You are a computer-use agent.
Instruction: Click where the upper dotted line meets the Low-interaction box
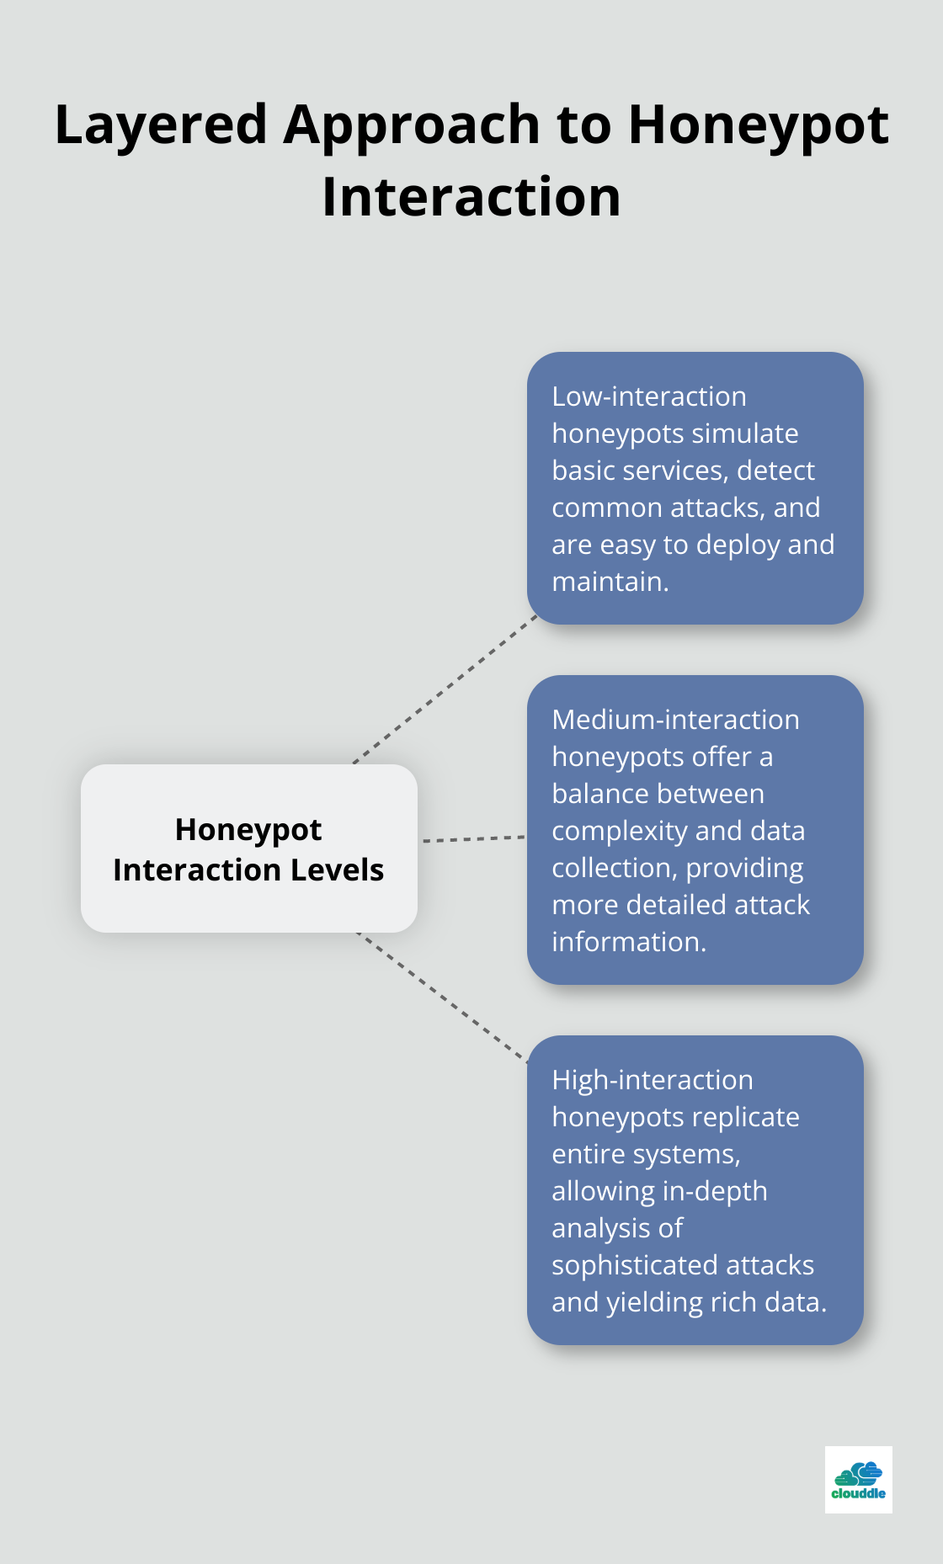[x=537, y=615]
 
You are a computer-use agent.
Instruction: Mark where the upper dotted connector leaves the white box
[x=354, y=763]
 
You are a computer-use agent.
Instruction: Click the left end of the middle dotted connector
[x=424, y=841]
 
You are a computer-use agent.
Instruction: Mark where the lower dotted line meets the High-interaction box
[x=527, y=1062]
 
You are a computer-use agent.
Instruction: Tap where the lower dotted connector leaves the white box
[x=357, y=933]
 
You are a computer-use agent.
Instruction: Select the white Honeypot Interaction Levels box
[x=249, y=848]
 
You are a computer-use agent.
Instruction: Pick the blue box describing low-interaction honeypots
[x=695, y=488]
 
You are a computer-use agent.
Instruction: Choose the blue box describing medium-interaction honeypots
[x=695, y=830]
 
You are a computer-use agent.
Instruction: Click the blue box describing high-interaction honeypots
[x=695, y=1190]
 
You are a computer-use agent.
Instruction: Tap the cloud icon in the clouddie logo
[x=859, y=1474]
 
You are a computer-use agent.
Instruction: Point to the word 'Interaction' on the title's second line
[x=471, y=198]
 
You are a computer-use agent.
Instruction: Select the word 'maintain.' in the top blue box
[x=610, y=582]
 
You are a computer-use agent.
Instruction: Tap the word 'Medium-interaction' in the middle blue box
[x=675, y=720]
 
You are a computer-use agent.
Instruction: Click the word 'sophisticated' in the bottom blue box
[x=683, y=1266]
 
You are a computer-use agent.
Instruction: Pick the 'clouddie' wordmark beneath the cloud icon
[x=859, y=1493]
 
